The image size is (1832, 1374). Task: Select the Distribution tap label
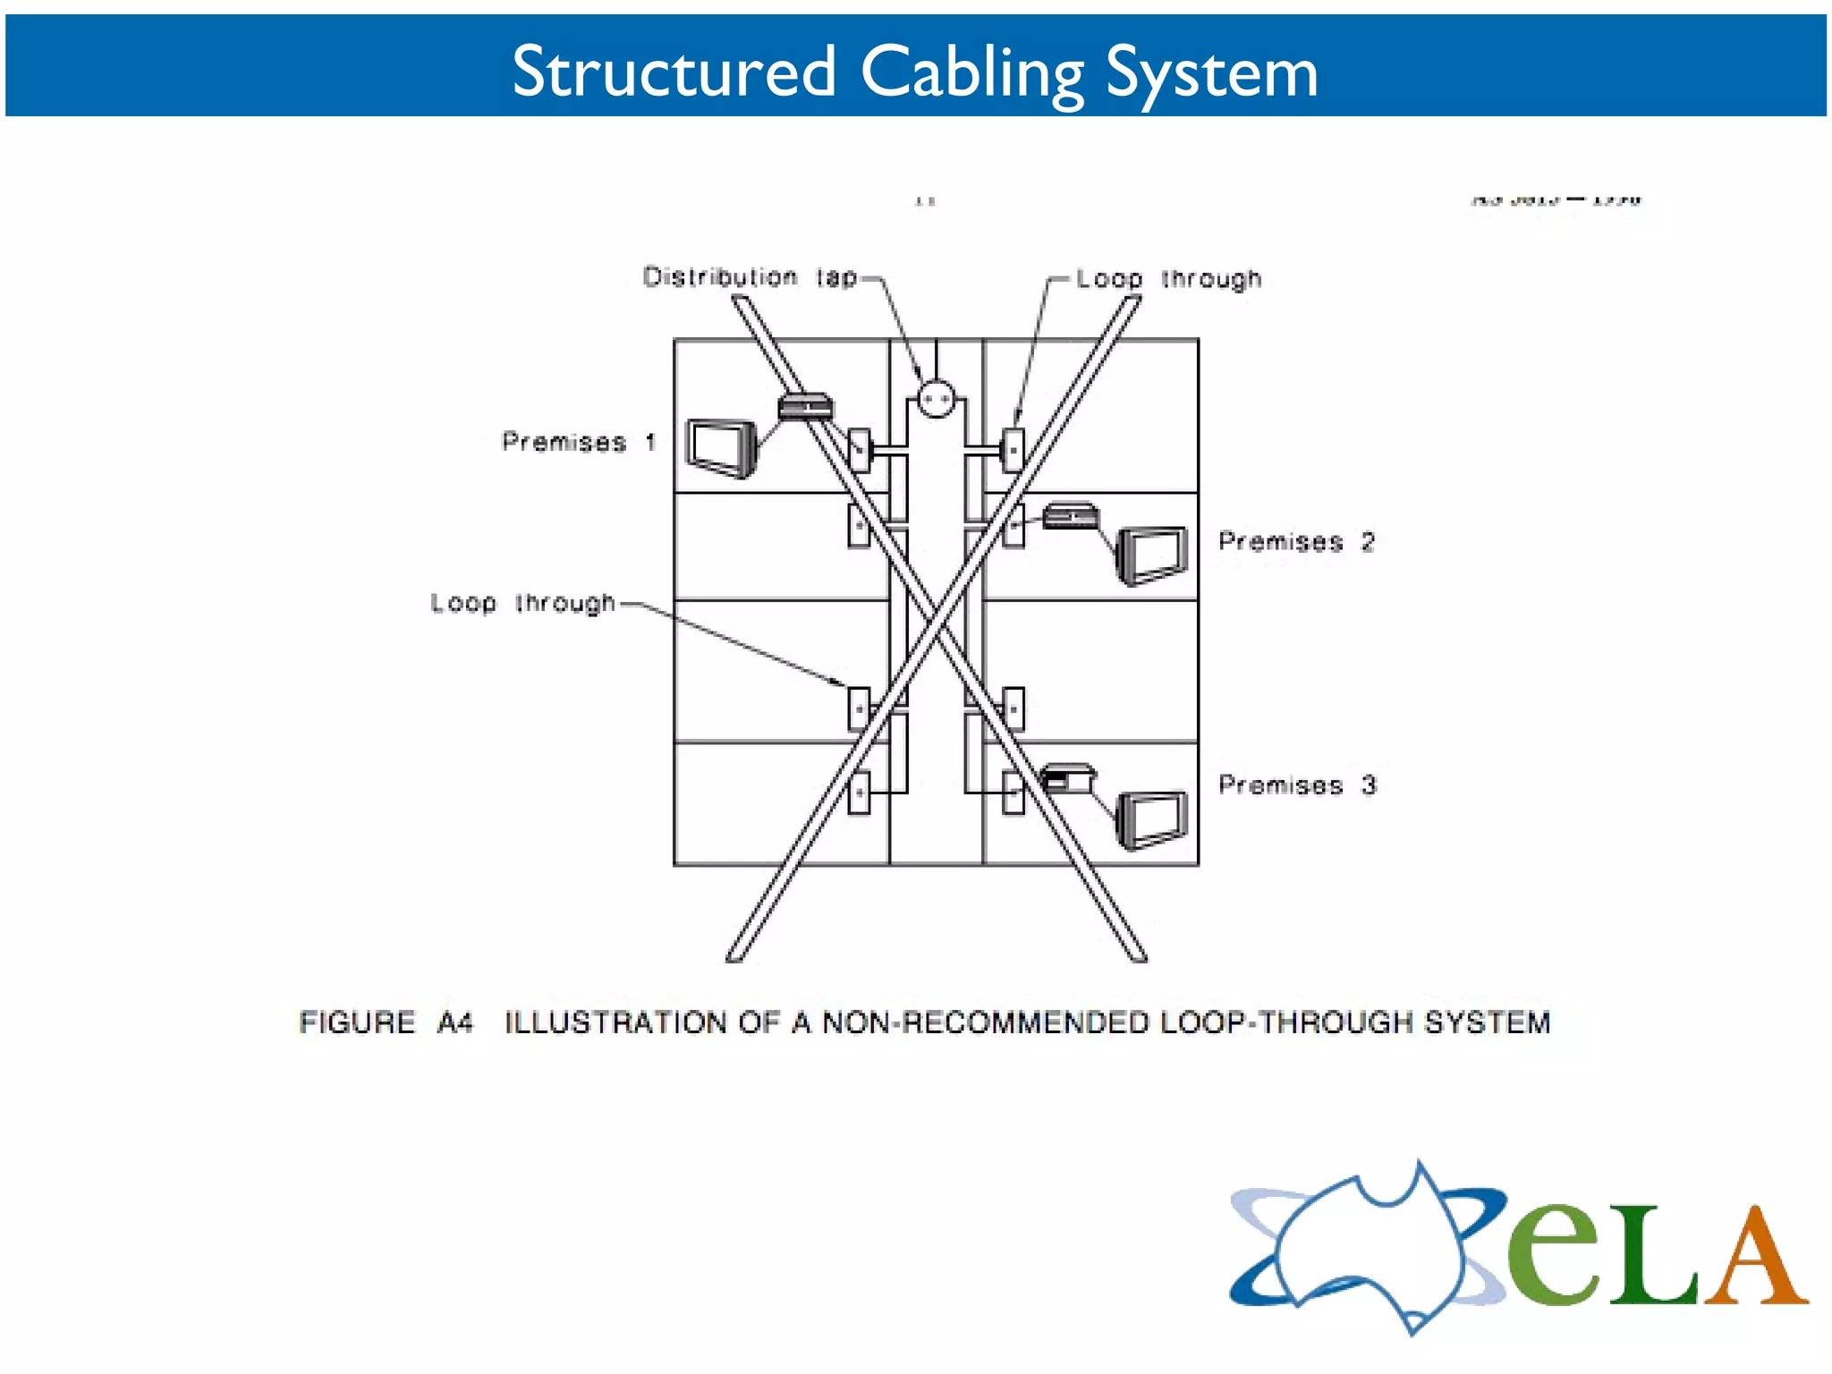pos(749,277)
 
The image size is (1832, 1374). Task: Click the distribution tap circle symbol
pos(936,399)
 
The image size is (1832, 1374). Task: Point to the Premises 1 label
pos(579,442)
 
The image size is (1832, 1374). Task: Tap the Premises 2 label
pos(1296,541)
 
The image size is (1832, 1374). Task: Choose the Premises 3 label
pos(1296,785)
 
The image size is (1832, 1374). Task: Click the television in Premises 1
pos(721,447)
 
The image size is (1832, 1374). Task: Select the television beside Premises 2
pos(1151,556)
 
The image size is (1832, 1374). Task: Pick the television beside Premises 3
pos(1151,818)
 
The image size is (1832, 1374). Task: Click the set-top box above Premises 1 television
pos(805,407)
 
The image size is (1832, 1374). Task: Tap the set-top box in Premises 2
pos(1070,516)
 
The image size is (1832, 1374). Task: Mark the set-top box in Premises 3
pos(1067,777)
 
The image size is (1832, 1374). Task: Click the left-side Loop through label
pos(522,603)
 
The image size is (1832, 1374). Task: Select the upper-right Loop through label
pos(1168,279)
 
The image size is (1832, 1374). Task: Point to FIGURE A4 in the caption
pos(386,1022)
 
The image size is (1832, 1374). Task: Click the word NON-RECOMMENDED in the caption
pos(985,1022)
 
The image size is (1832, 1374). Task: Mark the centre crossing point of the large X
pos(936,630)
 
